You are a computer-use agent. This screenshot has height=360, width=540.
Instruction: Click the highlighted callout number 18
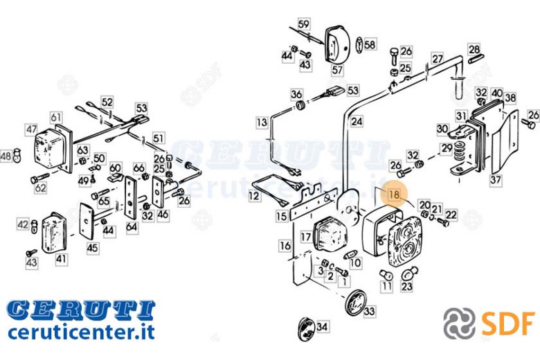[394, 195]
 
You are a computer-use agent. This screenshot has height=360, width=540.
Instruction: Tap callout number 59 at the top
[303, 24]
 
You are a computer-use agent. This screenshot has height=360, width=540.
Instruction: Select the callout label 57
[337, 70]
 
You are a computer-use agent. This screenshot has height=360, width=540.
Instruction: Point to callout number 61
[56, 118]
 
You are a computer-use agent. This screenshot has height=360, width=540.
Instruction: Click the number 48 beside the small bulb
[6, 156]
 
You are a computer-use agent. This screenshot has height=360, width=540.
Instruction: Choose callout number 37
[496, 180]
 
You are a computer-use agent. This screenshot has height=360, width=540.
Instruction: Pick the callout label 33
[369, 312]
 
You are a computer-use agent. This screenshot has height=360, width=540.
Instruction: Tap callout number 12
[254, 196]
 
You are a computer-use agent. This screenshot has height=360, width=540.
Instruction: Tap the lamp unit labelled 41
[54, 233]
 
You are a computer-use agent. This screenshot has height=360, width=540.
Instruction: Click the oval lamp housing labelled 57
[337, 44]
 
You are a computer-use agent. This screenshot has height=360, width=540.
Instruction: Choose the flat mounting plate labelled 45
[87, 221]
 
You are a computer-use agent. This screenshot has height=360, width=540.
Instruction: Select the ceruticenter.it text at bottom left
[81, 332]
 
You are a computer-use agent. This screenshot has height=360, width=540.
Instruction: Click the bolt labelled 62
[39, 178]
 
